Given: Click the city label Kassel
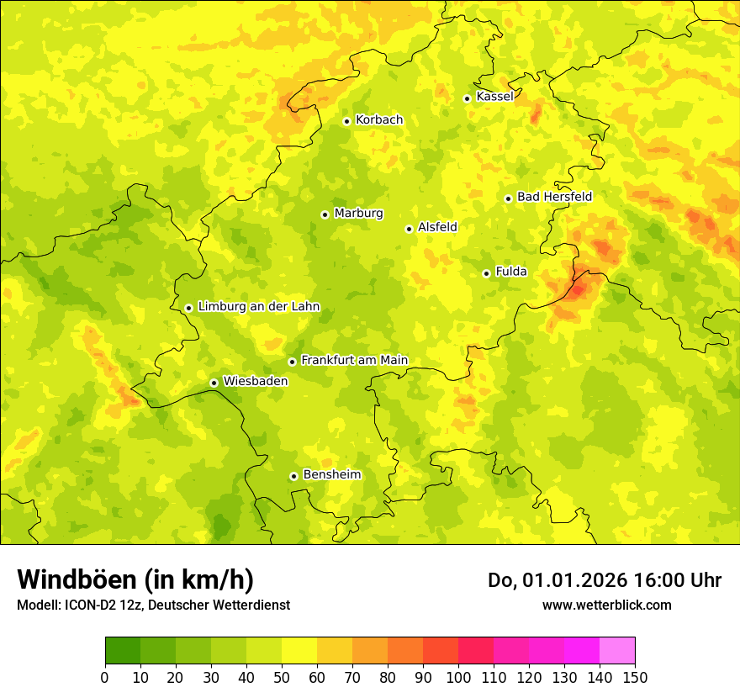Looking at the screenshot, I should tap(494, 97).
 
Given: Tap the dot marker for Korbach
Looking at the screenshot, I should tap(346, 121).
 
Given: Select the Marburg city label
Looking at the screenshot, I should tap(358, 214).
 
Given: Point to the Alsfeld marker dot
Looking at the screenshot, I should tap(409, 229).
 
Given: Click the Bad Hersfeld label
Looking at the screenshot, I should tap(554, 197).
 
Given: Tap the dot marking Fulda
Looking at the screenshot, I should tap(486, 273).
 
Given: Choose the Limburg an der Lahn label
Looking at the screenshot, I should tap(258, 307).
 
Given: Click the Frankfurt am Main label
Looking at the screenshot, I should tap(354, 361).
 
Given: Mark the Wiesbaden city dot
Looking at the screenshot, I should tap(214, 383).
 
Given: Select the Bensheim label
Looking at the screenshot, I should tap(331, 475).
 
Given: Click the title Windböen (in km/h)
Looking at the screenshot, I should tap(135, 580).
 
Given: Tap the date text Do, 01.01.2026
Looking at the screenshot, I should tap(557, 580).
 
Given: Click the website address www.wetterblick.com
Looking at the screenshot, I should tap(606, 605).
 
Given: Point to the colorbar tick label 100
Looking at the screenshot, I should tap(458, 677).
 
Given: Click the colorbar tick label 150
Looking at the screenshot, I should tap(635, 677).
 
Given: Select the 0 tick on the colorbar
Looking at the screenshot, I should tap(105, 677).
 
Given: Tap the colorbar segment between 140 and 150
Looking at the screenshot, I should tap(617, 651).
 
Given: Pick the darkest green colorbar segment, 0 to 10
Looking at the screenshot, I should tap(123, 651).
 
